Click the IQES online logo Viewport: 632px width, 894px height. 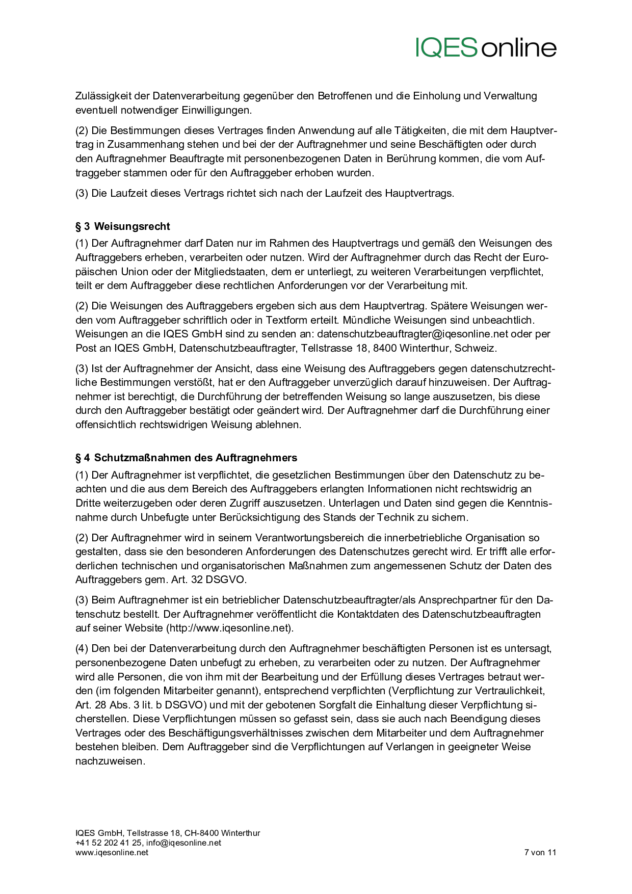pyautogui.click(x=486, y=47)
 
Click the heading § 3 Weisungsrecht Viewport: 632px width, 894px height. pyautogui.click(x=123, y=226)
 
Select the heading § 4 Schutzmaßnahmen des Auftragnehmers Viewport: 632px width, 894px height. pyautogui.click(x=187, y=458)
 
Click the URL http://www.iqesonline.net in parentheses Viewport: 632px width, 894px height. pyautogui.click(x=230, y=628)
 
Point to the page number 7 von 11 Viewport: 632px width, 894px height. pyautogui.click(x=540, y=852)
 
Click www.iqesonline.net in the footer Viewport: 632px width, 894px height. pyautogui.click(x=112, y=852)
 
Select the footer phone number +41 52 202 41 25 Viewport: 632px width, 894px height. pyautogui.click(x=109, y=843)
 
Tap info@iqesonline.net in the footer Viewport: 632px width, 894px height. pyautogui.click(x=183, y=843)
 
